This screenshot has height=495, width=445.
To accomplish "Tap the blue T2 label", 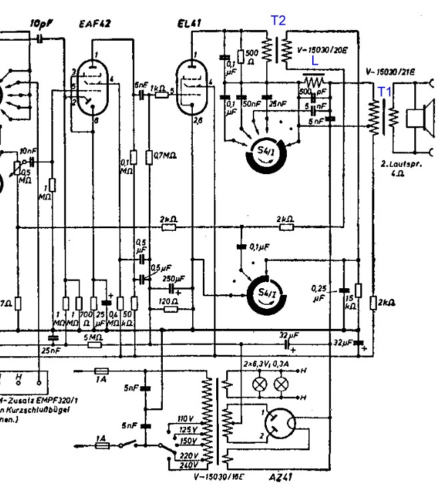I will (278, 21).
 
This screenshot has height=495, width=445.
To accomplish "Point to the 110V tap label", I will (185, 418).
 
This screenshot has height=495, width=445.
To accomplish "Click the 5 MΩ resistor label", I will (93, 338).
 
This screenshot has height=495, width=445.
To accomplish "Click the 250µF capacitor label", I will (172, 278).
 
